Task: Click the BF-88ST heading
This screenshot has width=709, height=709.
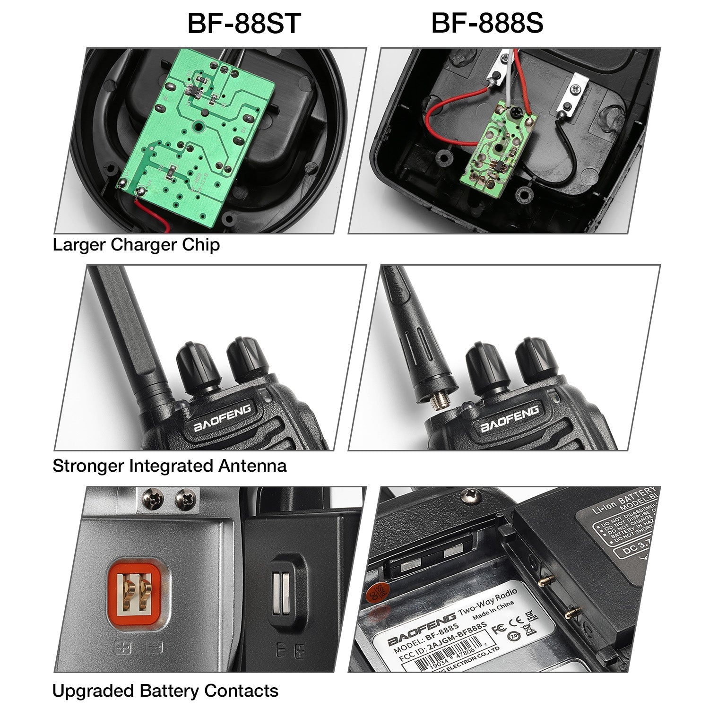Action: tap(244, 24)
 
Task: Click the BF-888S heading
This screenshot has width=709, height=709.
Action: tap(487, 23)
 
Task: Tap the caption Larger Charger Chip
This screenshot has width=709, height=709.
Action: tap(136, 245)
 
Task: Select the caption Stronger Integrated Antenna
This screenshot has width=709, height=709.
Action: tap(169, 466)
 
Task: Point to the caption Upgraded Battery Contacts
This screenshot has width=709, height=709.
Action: tap(165, 691)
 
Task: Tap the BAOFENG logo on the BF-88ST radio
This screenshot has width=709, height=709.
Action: tap(222, 418)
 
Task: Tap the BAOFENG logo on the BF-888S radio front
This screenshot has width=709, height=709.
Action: tap(509, 419)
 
